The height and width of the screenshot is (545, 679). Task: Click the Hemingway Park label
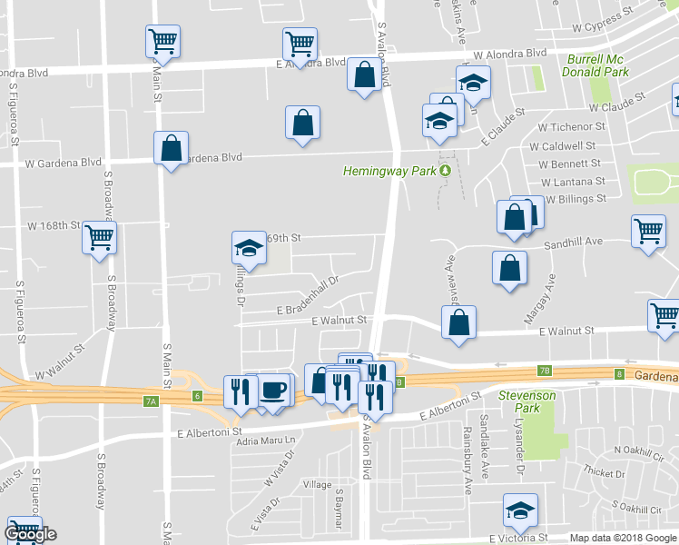tap(390, 171)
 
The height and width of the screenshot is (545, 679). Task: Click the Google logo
tap(31, 534)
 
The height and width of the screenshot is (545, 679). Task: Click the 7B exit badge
tap(545, 370)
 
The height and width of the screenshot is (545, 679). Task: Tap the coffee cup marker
tap(273, 391)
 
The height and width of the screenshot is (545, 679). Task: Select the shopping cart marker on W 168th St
tap(99, 239)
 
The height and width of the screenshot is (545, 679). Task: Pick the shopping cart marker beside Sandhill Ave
tap(649, 231)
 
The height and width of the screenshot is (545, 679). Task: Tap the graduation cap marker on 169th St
tap(247, 248)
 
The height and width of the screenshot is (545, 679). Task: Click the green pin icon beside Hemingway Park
tap(445, 171)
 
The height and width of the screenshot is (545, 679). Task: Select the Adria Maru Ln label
tap(267, 441)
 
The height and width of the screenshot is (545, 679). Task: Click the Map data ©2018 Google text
tap(623, 538)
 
